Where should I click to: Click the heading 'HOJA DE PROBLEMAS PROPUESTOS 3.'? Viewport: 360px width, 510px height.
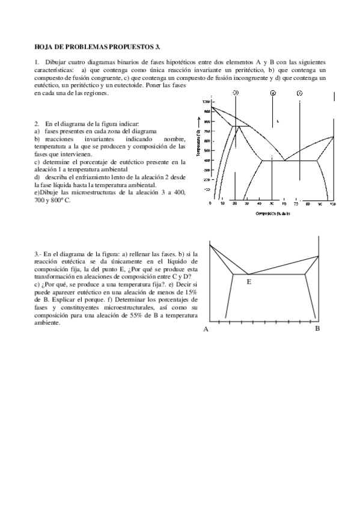pos(97,46)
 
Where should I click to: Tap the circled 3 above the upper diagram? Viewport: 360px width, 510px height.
pos(236,93)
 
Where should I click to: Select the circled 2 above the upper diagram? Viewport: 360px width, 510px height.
pos(273,93)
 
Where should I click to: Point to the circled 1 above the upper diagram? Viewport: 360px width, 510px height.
pos(299,93)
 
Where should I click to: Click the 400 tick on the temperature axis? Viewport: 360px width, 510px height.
pos(206,161)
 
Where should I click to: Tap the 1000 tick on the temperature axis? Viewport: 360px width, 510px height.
pos(206,102)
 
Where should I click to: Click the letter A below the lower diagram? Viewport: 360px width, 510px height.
pos(206,329)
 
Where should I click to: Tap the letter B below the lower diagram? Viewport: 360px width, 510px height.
pos(317,328)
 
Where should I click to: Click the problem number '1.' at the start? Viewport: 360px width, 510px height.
pos(37,62)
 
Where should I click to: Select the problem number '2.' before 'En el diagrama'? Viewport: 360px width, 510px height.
pos(37,123)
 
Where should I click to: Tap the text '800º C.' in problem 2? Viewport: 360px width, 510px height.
pos(59,200)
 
